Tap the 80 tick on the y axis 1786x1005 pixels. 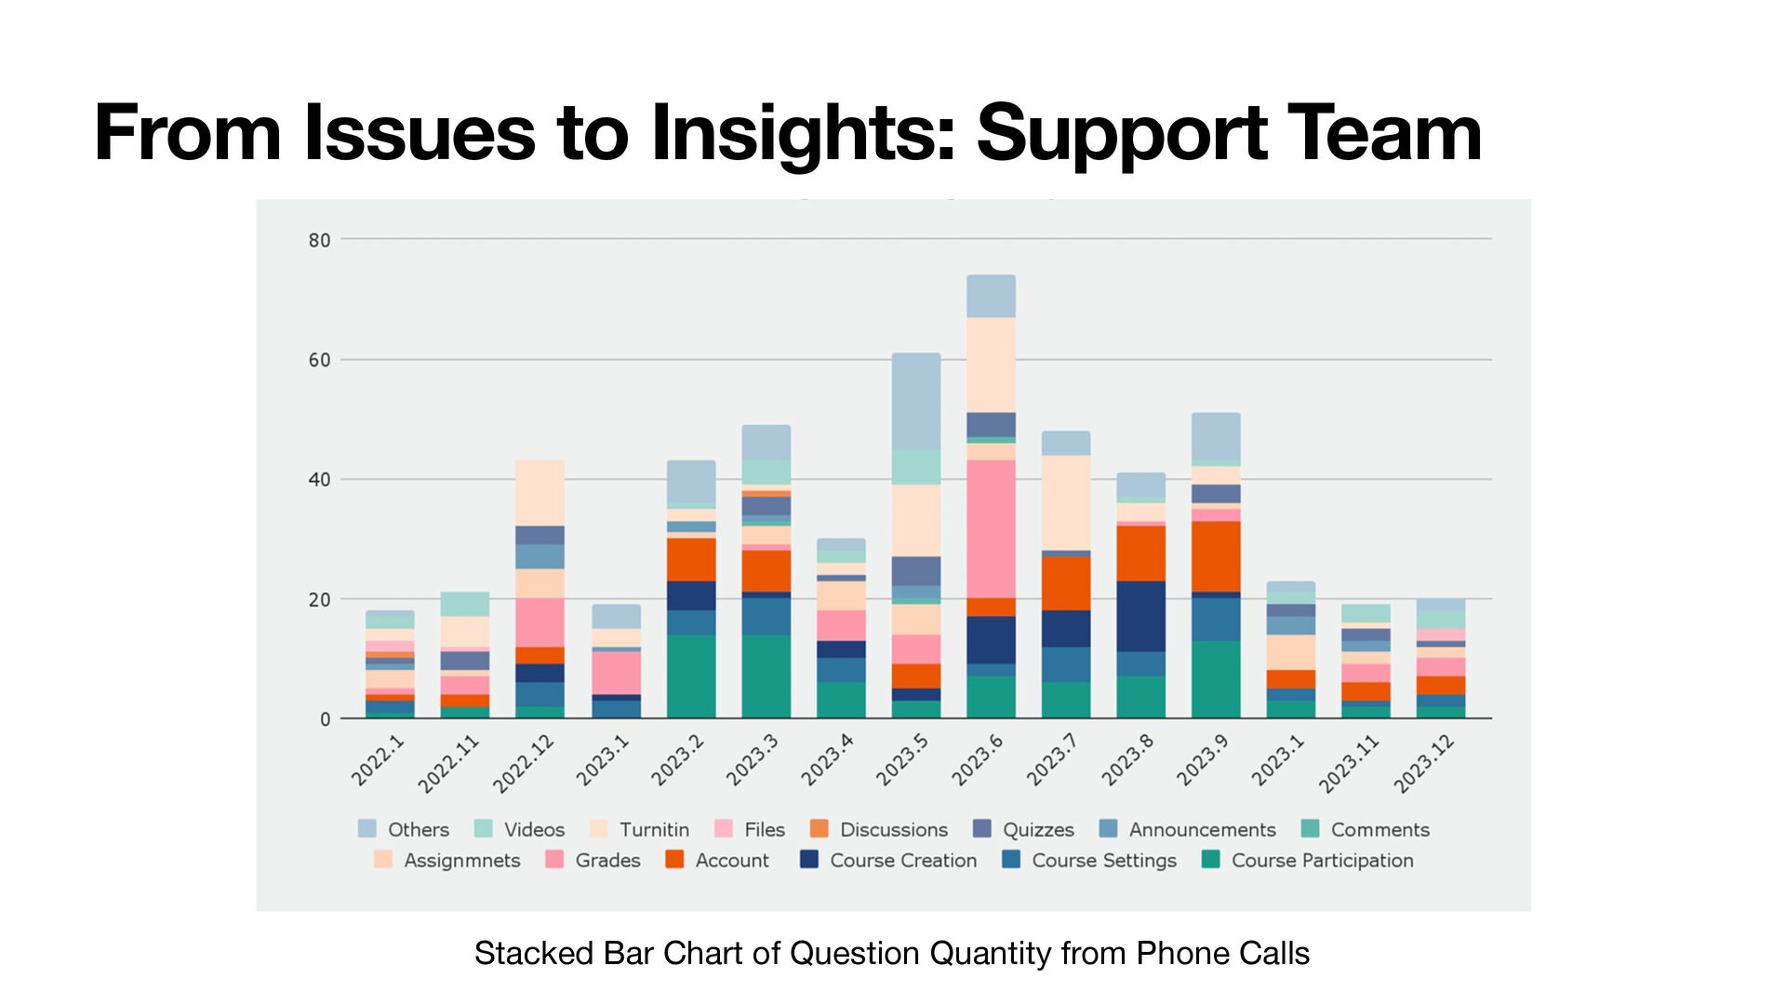pos(319,240)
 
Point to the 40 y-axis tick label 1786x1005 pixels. pos(319,480)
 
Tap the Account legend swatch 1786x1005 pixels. pos(675,860)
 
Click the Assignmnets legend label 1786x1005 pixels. pos(461,861)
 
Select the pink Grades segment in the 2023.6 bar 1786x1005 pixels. pos(991,529)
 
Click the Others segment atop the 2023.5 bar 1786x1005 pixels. pos(916,401)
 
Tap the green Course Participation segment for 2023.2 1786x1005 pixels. pos(691,677)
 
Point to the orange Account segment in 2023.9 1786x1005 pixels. pos(1216,556)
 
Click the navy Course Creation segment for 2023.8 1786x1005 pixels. pos(1140,616)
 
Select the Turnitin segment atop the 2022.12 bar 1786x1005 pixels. pos(540,492)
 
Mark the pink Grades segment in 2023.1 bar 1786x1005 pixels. pos(616,672)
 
